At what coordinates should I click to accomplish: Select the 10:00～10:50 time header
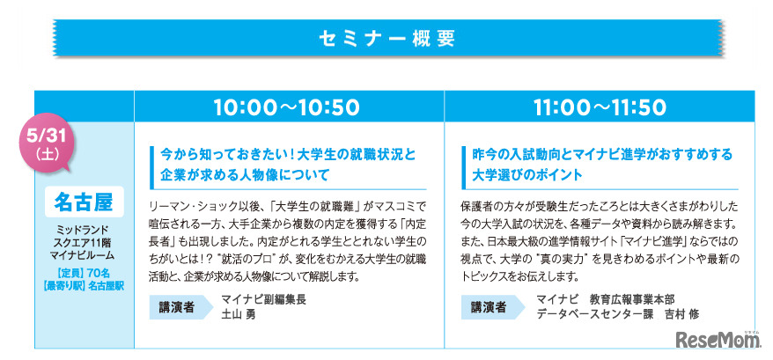[x=288, y=107]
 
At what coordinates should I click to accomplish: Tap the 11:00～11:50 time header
[x=600, y=107]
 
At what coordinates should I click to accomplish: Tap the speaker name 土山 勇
[x=239, y=314]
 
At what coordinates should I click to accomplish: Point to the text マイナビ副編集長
[x=263, y=299]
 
